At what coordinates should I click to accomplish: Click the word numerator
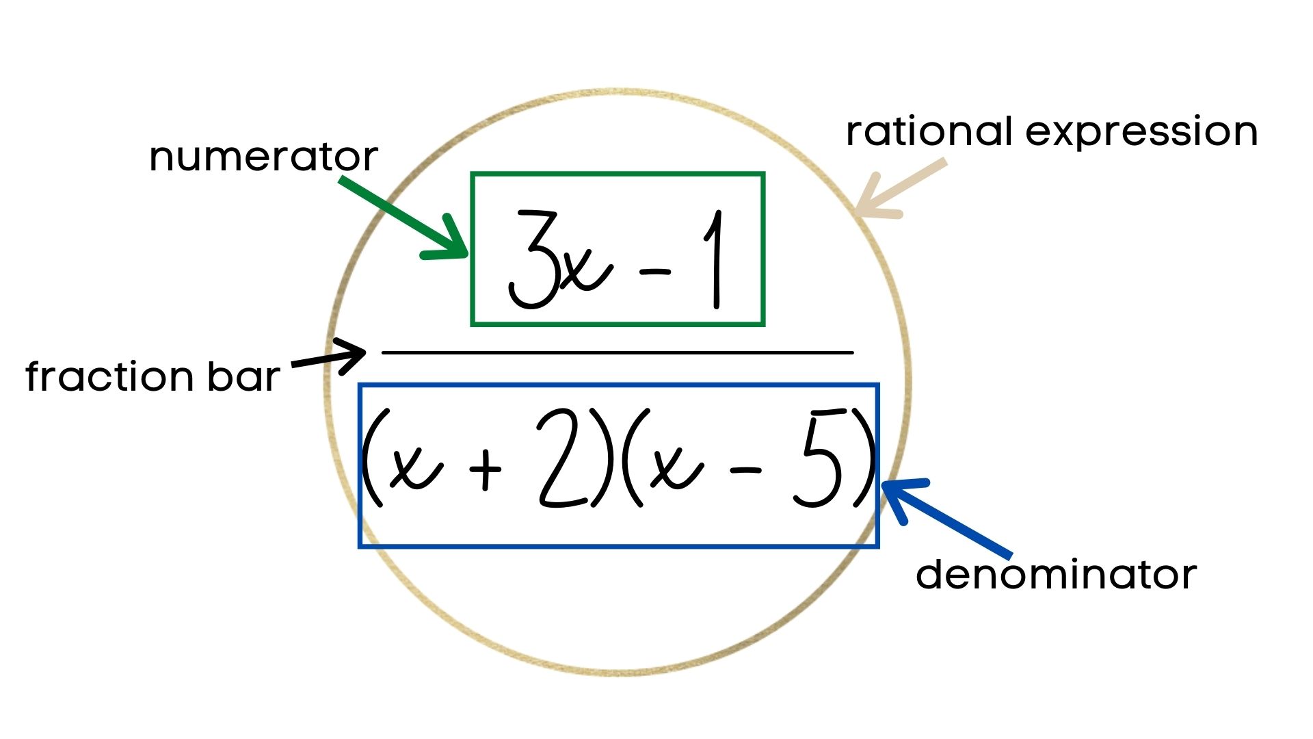point(263,157)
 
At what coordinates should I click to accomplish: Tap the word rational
point(929,131)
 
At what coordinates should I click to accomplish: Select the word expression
point(1141,133)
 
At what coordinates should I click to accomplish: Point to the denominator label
point(1056,575)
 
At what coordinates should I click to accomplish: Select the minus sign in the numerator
point(654,272)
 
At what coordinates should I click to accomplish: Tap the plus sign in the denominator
point(486,470)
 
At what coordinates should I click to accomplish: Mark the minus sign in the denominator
point(745,471)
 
